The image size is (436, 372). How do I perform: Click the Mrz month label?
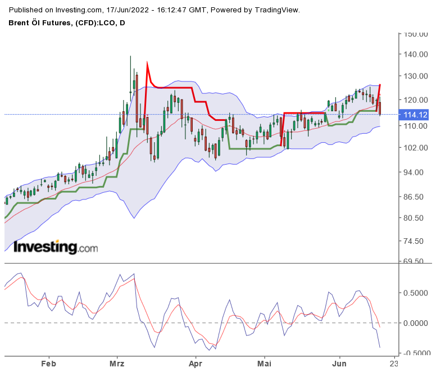click(117, 363)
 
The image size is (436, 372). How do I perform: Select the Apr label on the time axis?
click(196, 363)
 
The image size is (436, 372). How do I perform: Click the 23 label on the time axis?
click(394, 363)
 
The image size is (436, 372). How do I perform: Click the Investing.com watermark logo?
click(56, 247)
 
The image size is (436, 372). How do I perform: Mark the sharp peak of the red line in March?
click(147, 63)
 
